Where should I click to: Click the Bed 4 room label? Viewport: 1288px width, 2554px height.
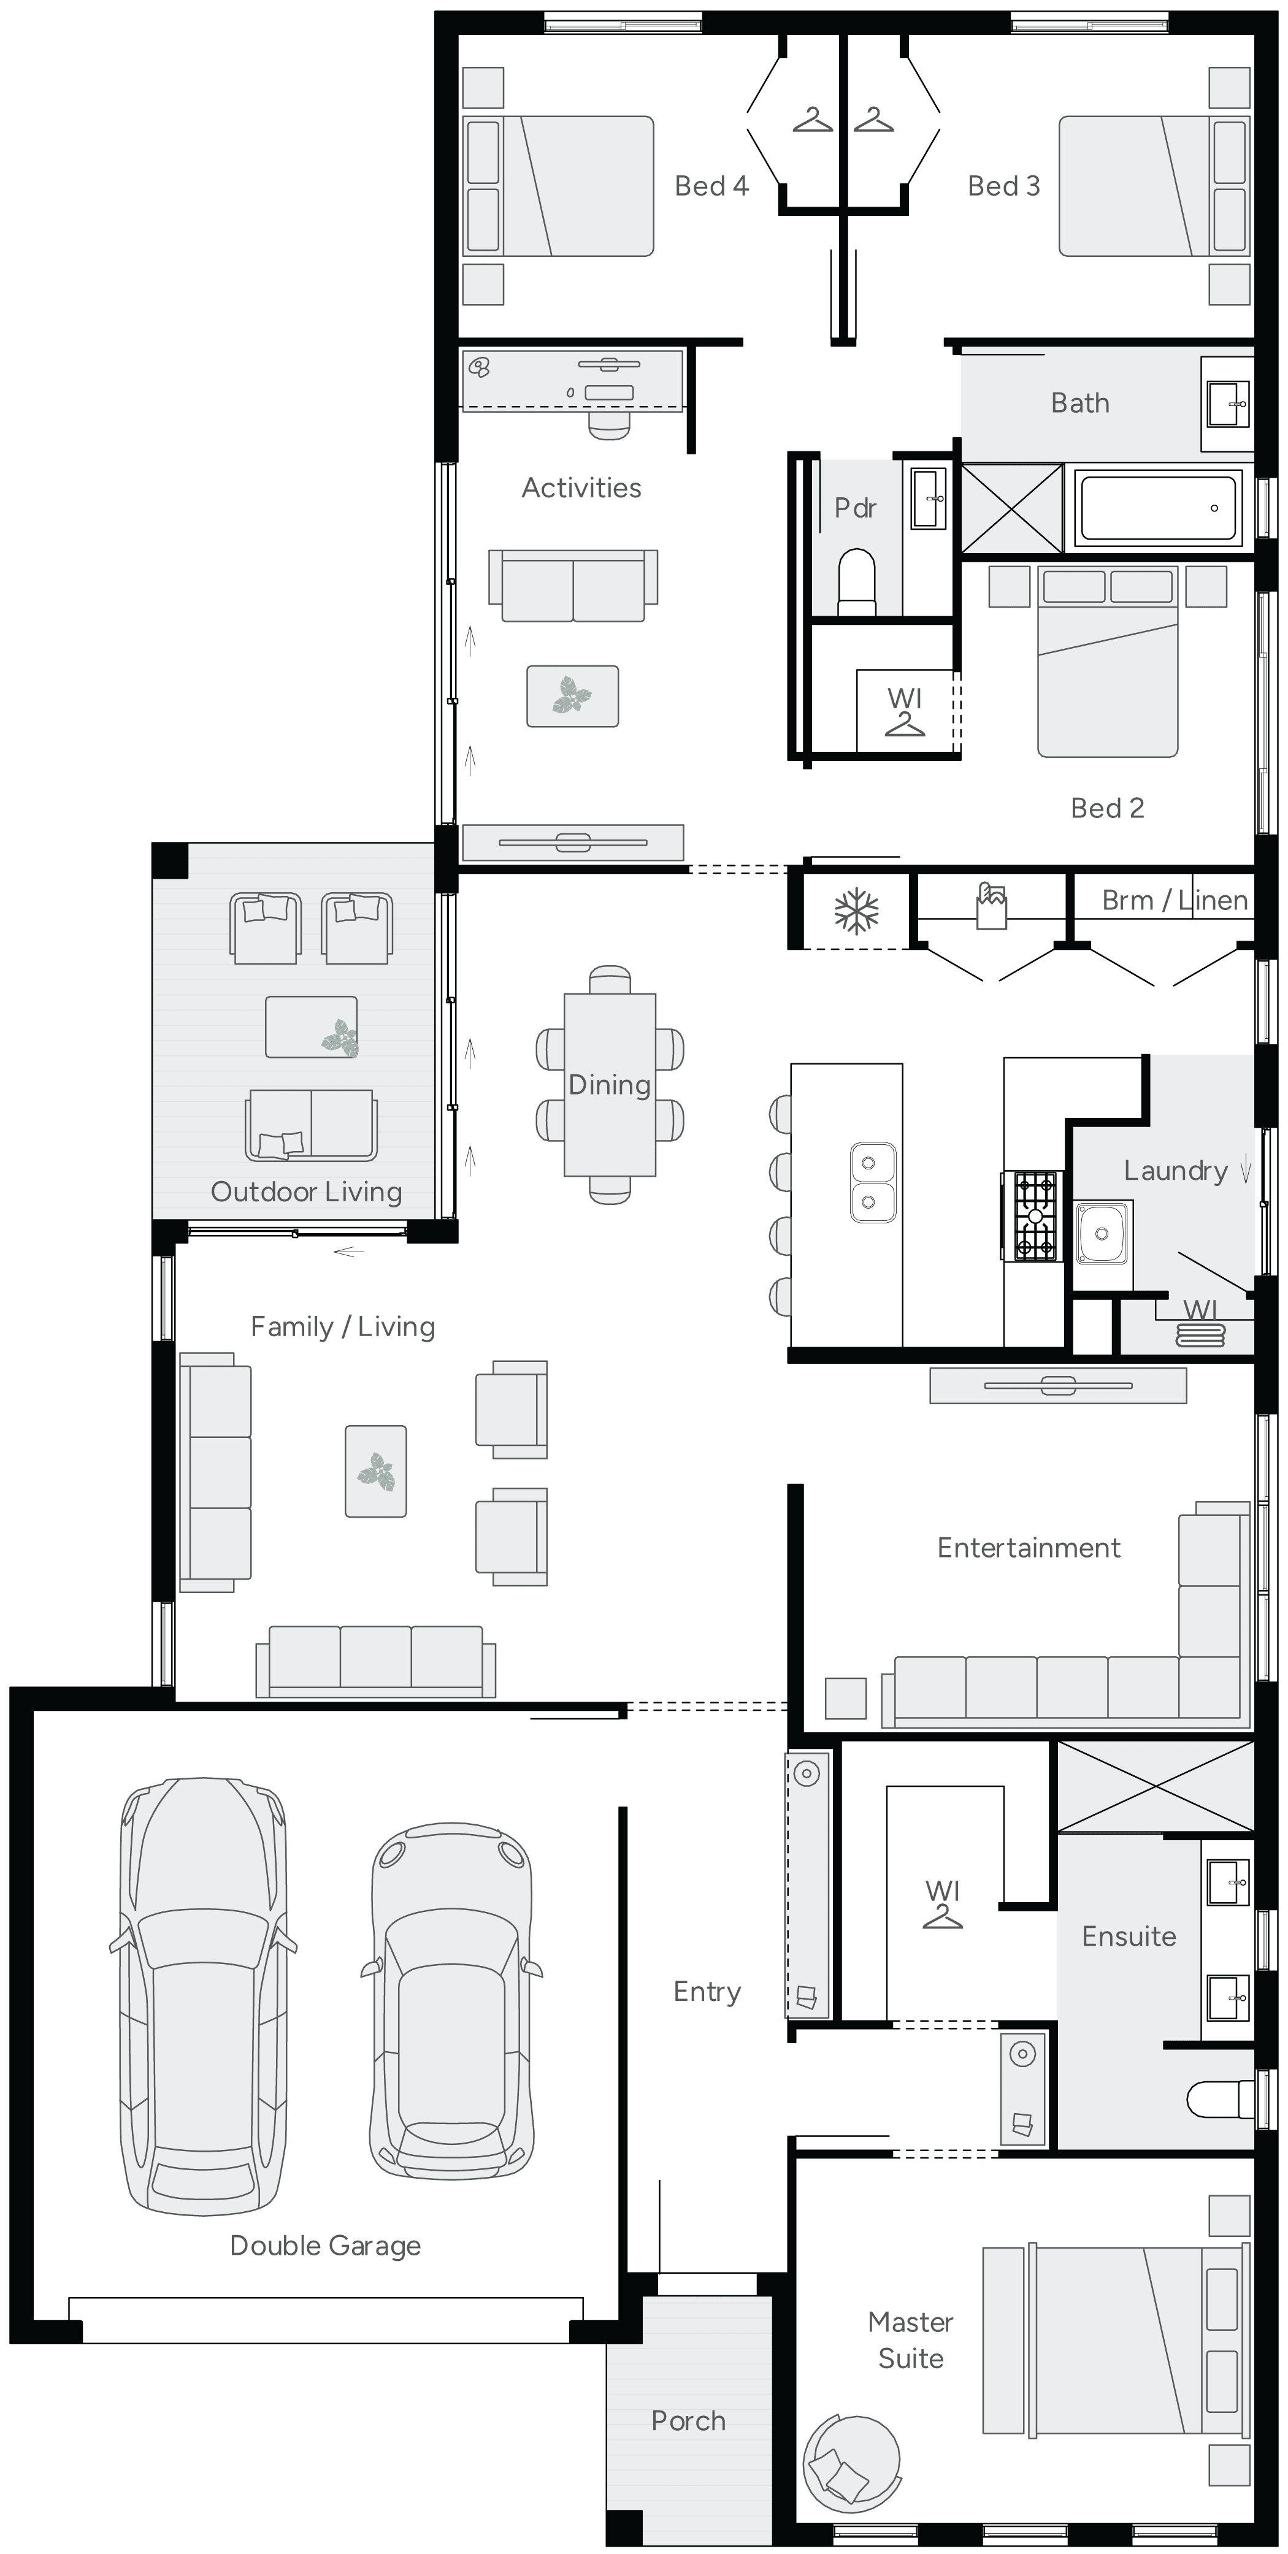(711, 186)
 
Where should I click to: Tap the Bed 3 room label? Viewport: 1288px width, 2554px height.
(1003, 186)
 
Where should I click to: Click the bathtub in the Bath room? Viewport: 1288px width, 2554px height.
(1157, 508)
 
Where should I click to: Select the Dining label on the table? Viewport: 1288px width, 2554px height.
(609, 1085)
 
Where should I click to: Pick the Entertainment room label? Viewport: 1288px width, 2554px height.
(1028, 1548)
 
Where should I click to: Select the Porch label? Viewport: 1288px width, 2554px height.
(688, 2420)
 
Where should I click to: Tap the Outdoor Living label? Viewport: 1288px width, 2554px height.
(307, 1191)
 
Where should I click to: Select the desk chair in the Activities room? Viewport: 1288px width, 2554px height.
(609, 423)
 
